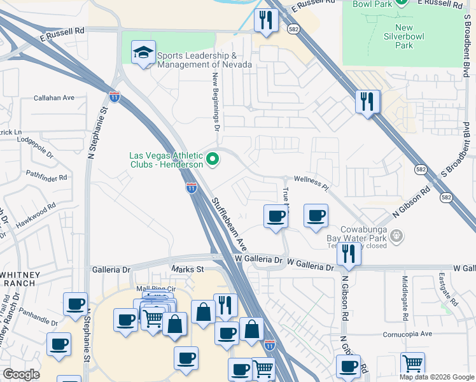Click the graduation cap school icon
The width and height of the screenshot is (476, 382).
point(144,53)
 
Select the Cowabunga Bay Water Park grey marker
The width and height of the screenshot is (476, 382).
point(397,236)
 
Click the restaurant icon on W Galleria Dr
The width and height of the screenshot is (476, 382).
point(349,252)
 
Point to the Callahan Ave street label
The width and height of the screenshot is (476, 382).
point(54,98)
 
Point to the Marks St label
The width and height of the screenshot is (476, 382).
point(187,269)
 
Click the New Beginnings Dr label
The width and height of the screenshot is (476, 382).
point(216,99)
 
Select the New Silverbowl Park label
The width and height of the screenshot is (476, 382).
point(403,36)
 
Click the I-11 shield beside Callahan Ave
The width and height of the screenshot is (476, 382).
point(115,97)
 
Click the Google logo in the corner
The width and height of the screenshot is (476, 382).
point(20,374)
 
